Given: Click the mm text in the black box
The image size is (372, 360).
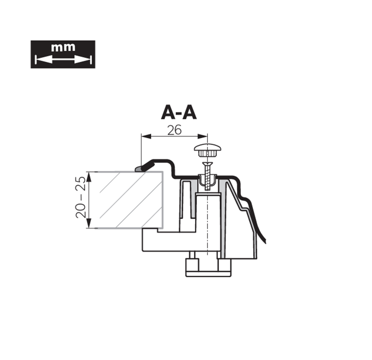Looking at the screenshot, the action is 63,47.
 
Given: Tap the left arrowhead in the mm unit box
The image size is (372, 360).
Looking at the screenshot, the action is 44,60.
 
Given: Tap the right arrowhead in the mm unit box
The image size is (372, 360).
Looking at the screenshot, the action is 82,60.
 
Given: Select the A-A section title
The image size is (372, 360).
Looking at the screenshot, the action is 179,113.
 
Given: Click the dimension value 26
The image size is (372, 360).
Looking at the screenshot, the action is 174,130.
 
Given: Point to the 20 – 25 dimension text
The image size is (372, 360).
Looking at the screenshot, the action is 80,197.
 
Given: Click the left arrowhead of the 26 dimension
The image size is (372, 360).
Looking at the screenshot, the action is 146,136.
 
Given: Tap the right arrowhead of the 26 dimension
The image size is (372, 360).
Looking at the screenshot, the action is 202,136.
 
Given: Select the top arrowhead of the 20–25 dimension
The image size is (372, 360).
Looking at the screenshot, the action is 89,177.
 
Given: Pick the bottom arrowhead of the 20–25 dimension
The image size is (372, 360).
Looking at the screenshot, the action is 89,223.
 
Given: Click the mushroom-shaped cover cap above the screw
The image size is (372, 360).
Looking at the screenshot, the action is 207,150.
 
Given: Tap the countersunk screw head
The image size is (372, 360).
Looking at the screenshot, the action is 207,164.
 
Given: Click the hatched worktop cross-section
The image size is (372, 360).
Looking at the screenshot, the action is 129,200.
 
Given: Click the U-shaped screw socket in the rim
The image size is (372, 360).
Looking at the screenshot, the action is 207,180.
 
